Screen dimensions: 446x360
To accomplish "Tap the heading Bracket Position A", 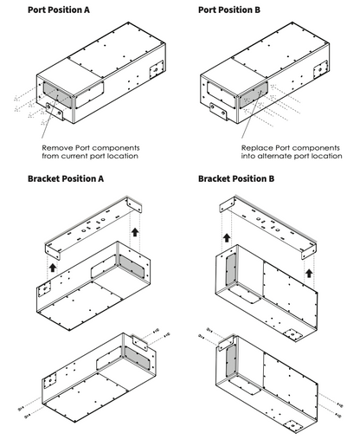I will point(66,179).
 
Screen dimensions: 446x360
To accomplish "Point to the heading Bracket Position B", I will point(236,179).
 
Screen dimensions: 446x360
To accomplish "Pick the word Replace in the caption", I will point(259,147).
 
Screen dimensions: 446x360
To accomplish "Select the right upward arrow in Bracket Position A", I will point(135,232).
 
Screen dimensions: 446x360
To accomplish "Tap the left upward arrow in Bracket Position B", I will point(226,236).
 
